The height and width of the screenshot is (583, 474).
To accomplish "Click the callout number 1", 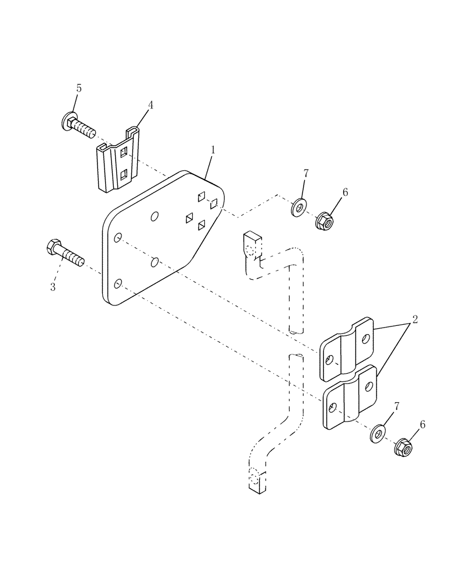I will click(x=213, y=150).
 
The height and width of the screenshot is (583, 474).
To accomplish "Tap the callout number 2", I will click(x=414, y=319).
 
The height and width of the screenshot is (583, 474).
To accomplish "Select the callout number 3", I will click(x=53, y=287).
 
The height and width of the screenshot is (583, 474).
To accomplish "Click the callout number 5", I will click(x=79, y=89).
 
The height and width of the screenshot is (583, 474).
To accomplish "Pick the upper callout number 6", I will click(x=344, y=193).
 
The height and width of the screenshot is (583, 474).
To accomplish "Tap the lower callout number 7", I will click(x=397, y=405).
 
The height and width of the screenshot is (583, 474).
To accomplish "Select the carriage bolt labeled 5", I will click(x=79, y=126).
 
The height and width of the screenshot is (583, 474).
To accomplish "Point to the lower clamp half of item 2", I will click(x=349, y=399).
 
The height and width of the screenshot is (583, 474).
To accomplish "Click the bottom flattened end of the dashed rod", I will click(x=257, y=480).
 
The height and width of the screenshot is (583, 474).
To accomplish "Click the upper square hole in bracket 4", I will click(x=124, y=153).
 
